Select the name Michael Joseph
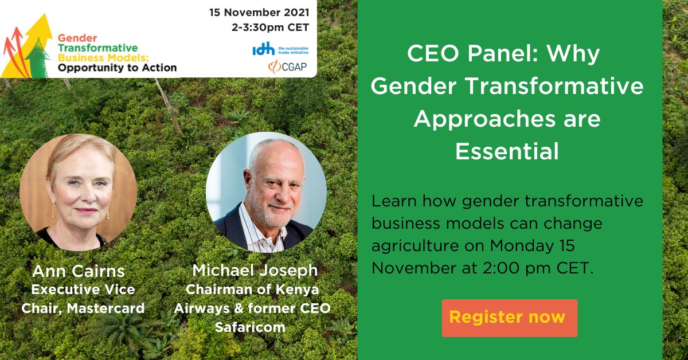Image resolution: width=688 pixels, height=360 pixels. coord(255,270)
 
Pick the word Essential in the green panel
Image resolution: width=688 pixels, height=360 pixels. coord(507,151)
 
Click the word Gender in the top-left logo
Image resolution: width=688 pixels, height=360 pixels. coord(73,37)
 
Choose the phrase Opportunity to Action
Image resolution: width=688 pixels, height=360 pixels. coord(116,68)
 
